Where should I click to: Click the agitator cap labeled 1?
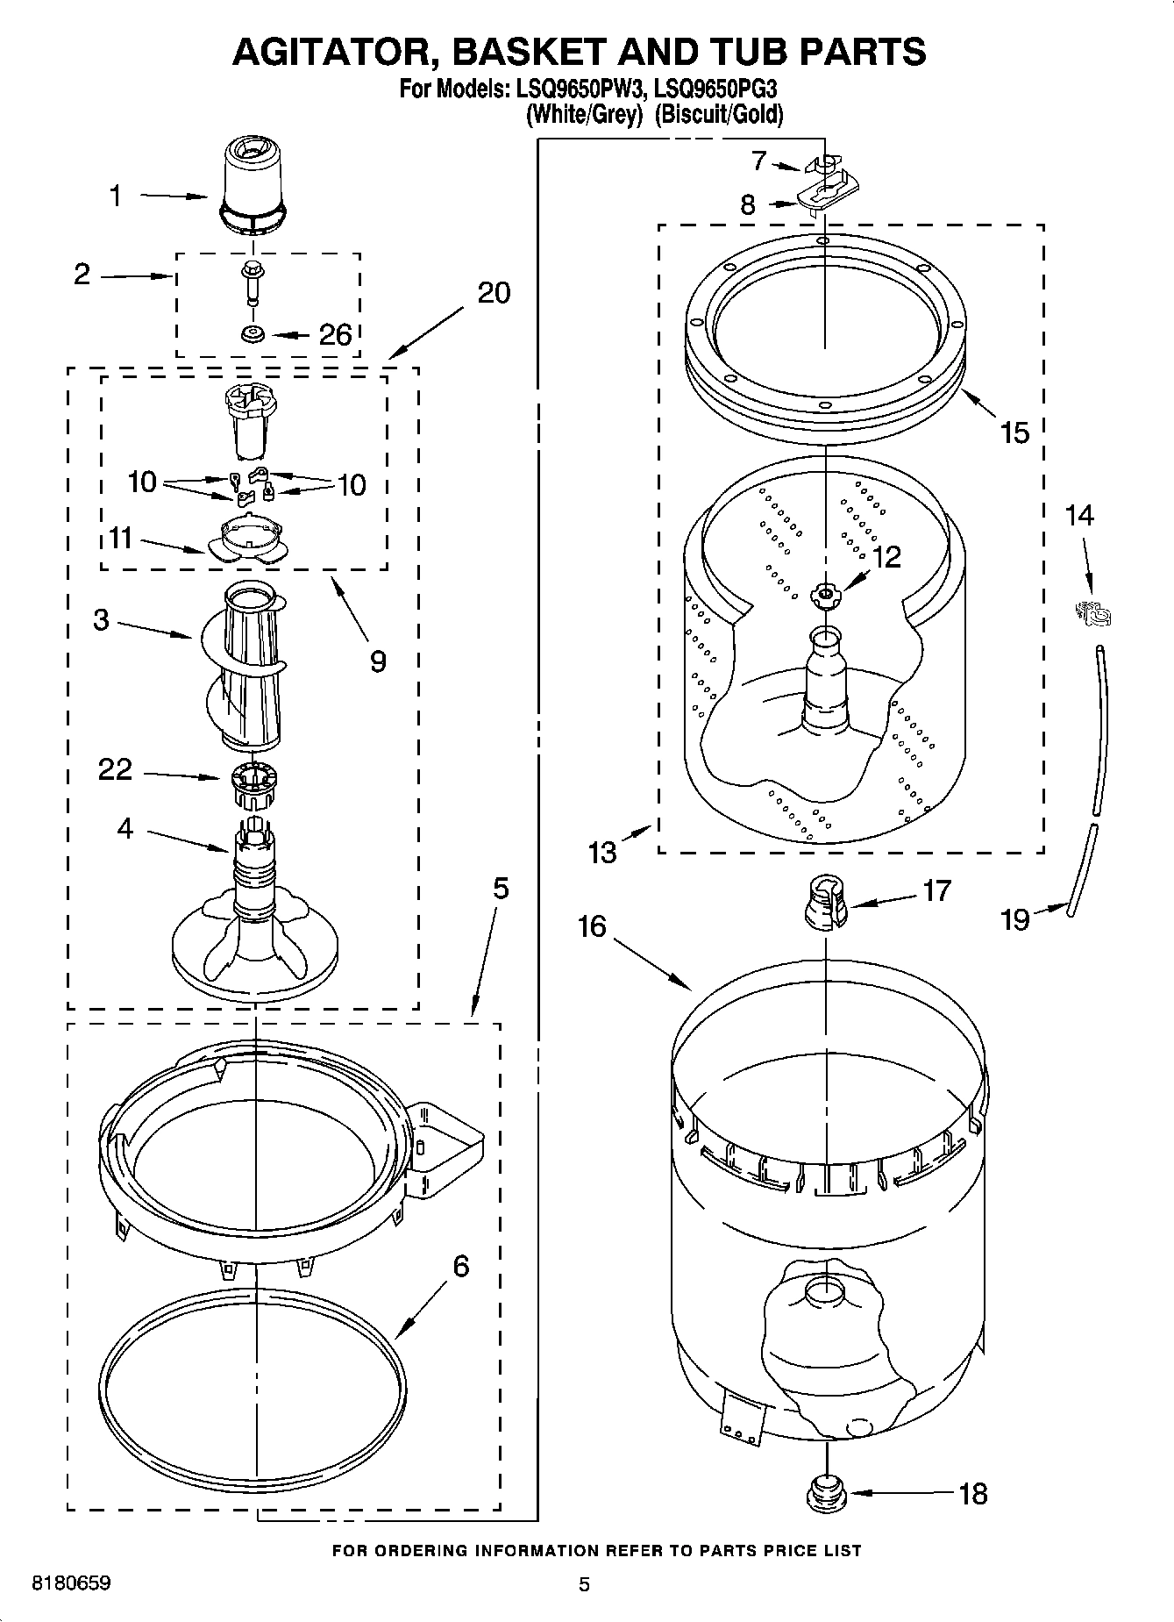pyautogui.click(x=253, y=189)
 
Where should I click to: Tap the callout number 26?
pyautogui.click(x=335, y=334)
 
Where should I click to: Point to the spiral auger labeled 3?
pyautogui.click(x=246, y=667)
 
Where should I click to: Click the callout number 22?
pyautogui.click(x=116, y=769)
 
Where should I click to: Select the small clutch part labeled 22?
pyautogui.click(x=253, y=787)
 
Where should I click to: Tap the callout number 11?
pyautogui.click(x=121, y=537)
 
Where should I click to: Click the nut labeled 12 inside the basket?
pyautogui.click(x=824, y=596)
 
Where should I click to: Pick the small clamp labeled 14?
pyautogui.click(x=1093, y=615)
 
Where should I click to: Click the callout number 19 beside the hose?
pyautogui.click(x=1014, y=919)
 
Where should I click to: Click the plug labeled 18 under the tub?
pyautogui.click(x=825, y=1494)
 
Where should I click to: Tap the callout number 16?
pyautogui.click(x=593, y=926)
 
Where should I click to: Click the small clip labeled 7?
pyautogui.click(x=822, y=165)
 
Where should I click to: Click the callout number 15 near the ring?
pyautogui.click(x=1014, y=432)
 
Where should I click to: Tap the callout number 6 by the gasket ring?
pyautogui.click(x=460, y=1266)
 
